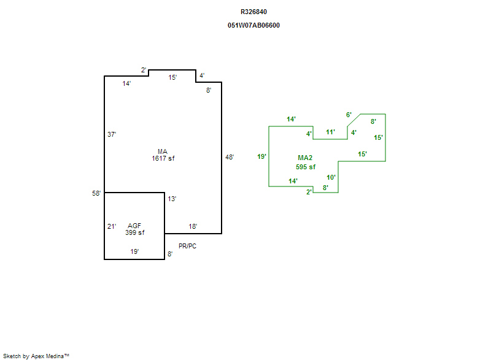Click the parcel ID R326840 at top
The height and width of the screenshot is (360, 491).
[x=253, y=12]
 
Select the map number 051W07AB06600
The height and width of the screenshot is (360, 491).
[x=253, y=25]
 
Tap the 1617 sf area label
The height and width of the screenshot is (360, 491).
[x=163, y=158]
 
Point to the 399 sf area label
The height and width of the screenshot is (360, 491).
[x=134, y=232]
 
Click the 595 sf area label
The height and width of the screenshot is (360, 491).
[x=306, y=167]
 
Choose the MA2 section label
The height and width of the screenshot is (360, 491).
[x=305, y=158]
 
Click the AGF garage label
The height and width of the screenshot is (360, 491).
[x=134, y=226]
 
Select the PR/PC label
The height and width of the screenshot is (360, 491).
[x=187, y=246]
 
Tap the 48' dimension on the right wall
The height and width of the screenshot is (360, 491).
[x=230, y=157]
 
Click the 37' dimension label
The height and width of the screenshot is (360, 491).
[x=112, y=134]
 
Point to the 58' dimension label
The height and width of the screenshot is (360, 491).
[x=96, y=194]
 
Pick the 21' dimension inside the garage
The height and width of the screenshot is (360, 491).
[x=112, y=226]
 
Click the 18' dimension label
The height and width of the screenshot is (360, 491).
[x=193, y=226]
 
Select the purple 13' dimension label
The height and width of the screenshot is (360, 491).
[x=172, y=199]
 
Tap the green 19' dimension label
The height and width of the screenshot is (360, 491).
[x=261, y=156]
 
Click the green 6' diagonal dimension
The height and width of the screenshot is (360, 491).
[x=349, y=115]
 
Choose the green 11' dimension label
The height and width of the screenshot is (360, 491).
[x=330, y=132]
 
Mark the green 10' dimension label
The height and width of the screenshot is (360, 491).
[x=331, y=177]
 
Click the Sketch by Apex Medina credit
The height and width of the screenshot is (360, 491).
[x=36, y=356]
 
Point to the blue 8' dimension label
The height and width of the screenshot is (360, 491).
[x=170, y=253]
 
